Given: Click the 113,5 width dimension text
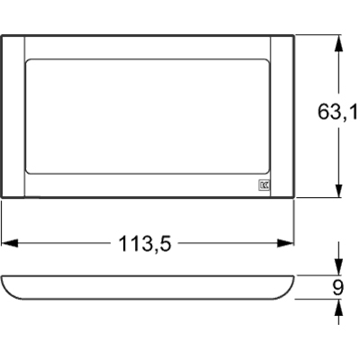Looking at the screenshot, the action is click(145, 243).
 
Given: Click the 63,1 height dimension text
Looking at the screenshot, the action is click(337, 112).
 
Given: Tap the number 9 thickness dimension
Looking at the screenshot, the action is click(338, 288).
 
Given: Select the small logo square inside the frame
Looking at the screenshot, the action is click(264, 185).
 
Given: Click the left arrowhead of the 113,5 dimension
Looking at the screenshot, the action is click(10, 243).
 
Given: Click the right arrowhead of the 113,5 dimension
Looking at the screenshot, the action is click(285, 243).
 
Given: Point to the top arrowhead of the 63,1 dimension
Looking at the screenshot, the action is click(338, 44).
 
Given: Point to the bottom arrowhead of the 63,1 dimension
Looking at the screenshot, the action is click(338, 189).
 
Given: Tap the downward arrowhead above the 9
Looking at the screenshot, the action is click(338, 266).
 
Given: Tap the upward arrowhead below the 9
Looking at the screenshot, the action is click(338, 307).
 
